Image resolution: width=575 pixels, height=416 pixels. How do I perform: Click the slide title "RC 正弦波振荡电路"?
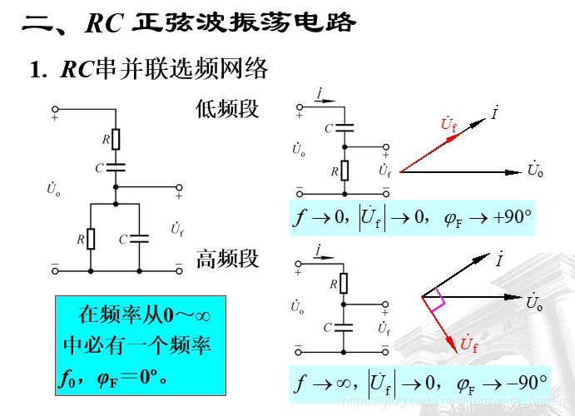click(221, 22)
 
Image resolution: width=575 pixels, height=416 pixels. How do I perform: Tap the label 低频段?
click(227, 109)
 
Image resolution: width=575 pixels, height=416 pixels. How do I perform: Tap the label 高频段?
click(227, 259)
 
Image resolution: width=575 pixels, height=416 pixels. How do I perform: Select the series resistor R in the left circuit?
click(116, 139)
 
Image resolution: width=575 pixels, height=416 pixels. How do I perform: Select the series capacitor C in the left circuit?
click(116, 167)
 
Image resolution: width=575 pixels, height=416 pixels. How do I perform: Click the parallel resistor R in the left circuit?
click(90, 239)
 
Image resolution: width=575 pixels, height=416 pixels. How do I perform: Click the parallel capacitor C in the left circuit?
click(139, 239)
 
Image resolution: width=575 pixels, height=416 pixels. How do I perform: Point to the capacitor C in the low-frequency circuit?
click(343, 128)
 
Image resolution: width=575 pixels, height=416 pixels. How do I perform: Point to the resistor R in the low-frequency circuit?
click(344, 171)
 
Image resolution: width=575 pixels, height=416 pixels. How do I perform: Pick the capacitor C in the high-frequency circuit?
click(344, 326)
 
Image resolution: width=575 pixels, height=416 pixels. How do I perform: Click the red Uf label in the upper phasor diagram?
click(449, 126)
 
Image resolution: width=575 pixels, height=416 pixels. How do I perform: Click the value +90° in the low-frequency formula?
click(512, 218)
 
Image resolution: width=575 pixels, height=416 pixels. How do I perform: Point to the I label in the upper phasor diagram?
click(495, 111)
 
